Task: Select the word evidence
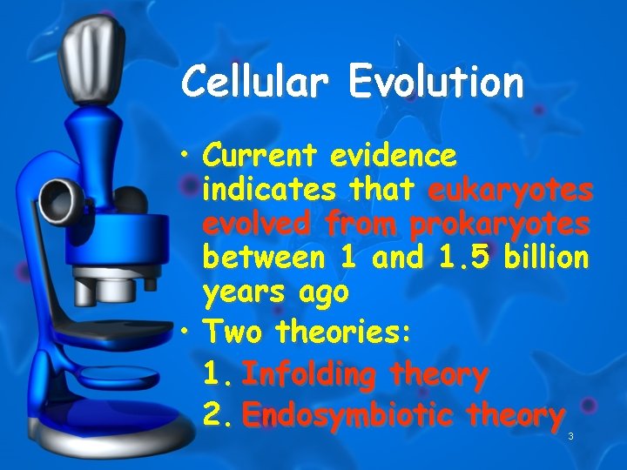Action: [393, 156]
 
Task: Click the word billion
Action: [543, 258]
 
